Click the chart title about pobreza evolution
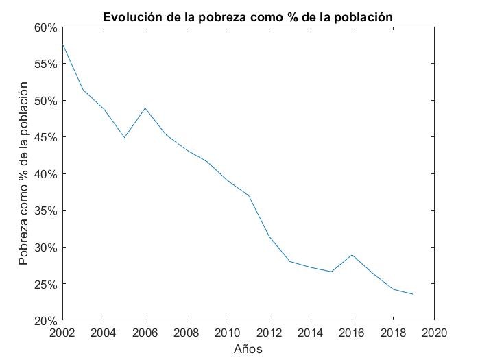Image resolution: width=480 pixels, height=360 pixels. click(248, 16)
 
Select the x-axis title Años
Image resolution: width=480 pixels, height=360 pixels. click(248, 348)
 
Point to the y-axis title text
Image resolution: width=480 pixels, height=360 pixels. click(24, 173)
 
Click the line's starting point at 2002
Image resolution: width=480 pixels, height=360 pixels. click(62, 45)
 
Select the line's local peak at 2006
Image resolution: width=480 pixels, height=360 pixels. click(145, 108)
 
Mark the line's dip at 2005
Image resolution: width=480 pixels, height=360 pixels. click(124, 137)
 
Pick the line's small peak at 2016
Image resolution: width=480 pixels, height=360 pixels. click(352, 254)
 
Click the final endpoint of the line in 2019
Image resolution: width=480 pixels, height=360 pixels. click(413, 294)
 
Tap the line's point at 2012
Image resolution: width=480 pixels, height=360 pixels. click(269, 236)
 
